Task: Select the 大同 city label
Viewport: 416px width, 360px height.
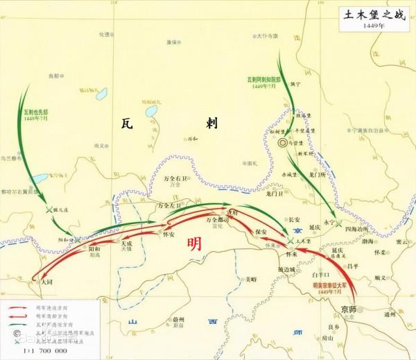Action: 46,282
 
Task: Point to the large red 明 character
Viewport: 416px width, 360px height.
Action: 194,245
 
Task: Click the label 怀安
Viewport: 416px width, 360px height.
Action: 168,234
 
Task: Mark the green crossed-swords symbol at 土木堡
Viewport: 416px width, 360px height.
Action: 291,241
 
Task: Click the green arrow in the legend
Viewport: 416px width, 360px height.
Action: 21,324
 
